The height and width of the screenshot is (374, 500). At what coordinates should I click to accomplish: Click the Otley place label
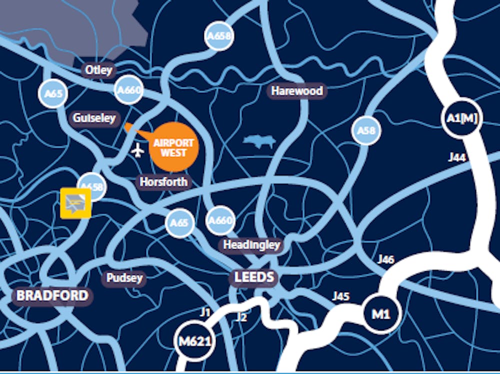click(98, 70)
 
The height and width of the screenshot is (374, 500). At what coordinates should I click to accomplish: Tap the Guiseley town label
click(94, 118)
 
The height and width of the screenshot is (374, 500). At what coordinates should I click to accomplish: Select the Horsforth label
click(163, 182)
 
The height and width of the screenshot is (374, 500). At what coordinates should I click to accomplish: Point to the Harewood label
click(297, 91)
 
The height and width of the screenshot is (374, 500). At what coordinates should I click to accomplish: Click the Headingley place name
click(251, 245)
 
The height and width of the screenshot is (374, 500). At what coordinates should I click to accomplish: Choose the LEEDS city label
click(254, 277)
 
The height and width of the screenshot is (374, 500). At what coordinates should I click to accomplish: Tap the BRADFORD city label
click(52, 295)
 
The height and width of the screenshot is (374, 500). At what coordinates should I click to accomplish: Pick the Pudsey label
click(124, 278)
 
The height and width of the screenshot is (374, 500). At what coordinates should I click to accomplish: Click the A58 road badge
click(366, 131)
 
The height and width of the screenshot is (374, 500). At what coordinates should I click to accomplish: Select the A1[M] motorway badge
click(461, 118)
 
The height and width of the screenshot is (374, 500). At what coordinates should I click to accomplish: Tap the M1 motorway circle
click(381, 314)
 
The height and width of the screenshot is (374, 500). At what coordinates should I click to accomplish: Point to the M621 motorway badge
click(195, 342)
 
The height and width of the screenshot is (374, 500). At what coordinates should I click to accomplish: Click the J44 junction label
click(456, 158)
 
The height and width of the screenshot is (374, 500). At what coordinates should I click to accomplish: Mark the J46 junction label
click(385, 259)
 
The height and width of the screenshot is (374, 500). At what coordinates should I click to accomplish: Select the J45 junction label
click(340, 296)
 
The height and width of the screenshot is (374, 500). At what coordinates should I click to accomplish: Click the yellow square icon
click(75, 203)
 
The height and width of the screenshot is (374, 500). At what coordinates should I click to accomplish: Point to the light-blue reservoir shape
click(259, 142)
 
